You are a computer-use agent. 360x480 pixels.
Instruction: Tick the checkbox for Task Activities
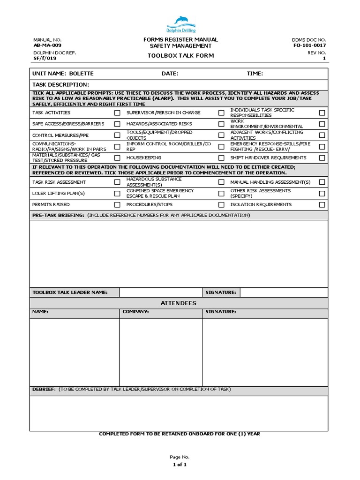coord(117,113)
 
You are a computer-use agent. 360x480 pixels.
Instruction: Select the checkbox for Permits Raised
coord(117,205)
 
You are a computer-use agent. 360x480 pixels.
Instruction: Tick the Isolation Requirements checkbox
coord(322,205)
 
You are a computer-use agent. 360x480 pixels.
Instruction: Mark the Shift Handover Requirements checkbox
coord(322,158)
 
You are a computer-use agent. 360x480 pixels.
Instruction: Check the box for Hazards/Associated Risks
coord(221,124)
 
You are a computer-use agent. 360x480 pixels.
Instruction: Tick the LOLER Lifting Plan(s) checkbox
coord(117,193)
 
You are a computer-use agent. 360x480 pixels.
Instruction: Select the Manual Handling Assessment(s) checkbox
coord(322,182)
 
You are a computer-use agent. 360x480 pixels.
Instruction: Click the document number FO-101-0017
coord(309,45)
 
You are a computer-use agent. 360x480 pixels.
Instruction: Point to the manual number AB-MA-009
coord(47,45)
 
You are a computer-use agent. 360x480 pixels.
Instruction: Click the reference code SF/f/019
coord(45,59)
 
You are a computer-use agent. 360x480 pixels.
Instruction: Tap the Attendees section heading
coord(179,303)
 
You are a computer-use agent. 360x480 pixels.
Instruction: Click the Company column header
coord(135,312)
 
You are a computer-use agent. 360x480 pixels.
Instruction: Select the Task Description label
coord(60,85)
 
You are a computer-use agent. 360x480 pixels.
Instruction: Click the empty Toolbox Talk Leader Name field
coord(161,292)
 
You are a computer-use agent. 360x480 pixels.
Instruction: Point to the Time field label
coord(255,74)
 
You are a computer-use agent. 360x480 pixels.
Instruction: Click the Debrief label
coord(44,390)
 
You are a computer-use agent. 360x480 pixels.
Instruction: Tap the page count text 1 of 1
coord(180,465)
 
